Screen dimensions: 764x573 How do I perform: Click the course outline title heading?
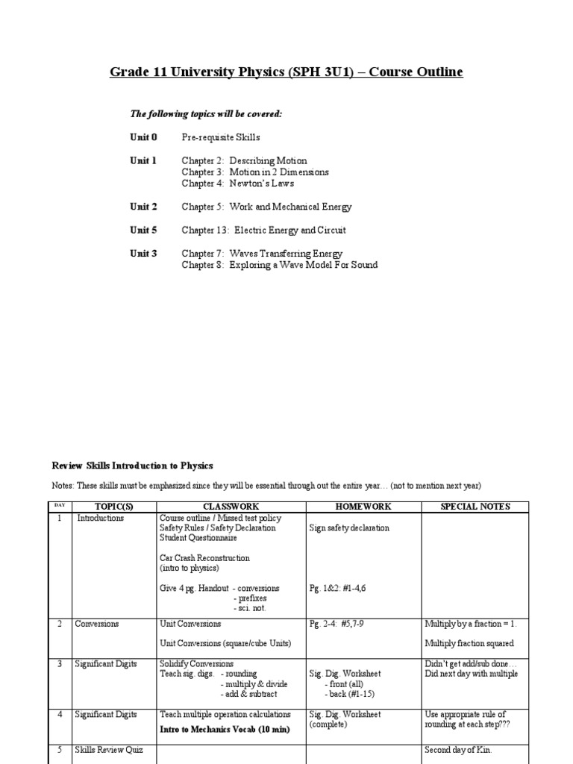click(x=286, y=72)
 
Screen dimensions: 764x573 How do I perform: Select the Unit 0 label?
click(x=143, y=138)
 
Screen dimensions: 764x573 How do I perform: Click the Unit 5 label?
click(x=143, y=231)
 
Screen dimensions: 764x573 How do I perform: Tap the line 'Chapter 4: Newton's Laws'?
click(x=238, y=184)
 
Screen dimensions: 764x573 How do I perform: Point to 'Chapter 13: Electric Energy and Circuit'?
click(x=263, y=231)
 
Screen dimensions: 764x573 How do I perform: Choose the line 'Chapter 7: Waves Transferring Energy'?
click(x=262, y=254)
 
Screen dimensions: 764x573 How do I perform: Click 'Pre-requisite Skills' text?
click(x=221, y=138)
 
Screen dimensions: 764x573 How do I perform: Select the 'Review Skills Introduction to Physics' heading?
click(x=132, y=466)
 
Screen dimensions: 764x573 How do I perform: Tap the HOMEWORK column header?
click(x=363, y=507)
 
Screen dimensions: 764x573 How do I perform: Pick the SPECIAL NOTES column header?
click(x=475, y=507)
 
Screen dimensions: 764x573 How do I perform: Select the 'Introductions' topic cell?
click(x=101, y=518)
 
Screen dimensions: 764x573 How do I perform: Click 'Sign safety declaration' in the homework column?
click(x=349, y=528)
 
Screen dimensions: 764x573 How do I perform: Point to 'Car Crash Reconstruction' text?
click(x=204, y=558)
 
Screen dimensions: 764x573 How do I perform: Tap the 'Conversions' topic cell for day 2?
click(x=96, y=624)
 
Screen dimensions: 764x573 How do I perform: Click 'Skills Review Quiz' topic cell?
click(x=109, y=750)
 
